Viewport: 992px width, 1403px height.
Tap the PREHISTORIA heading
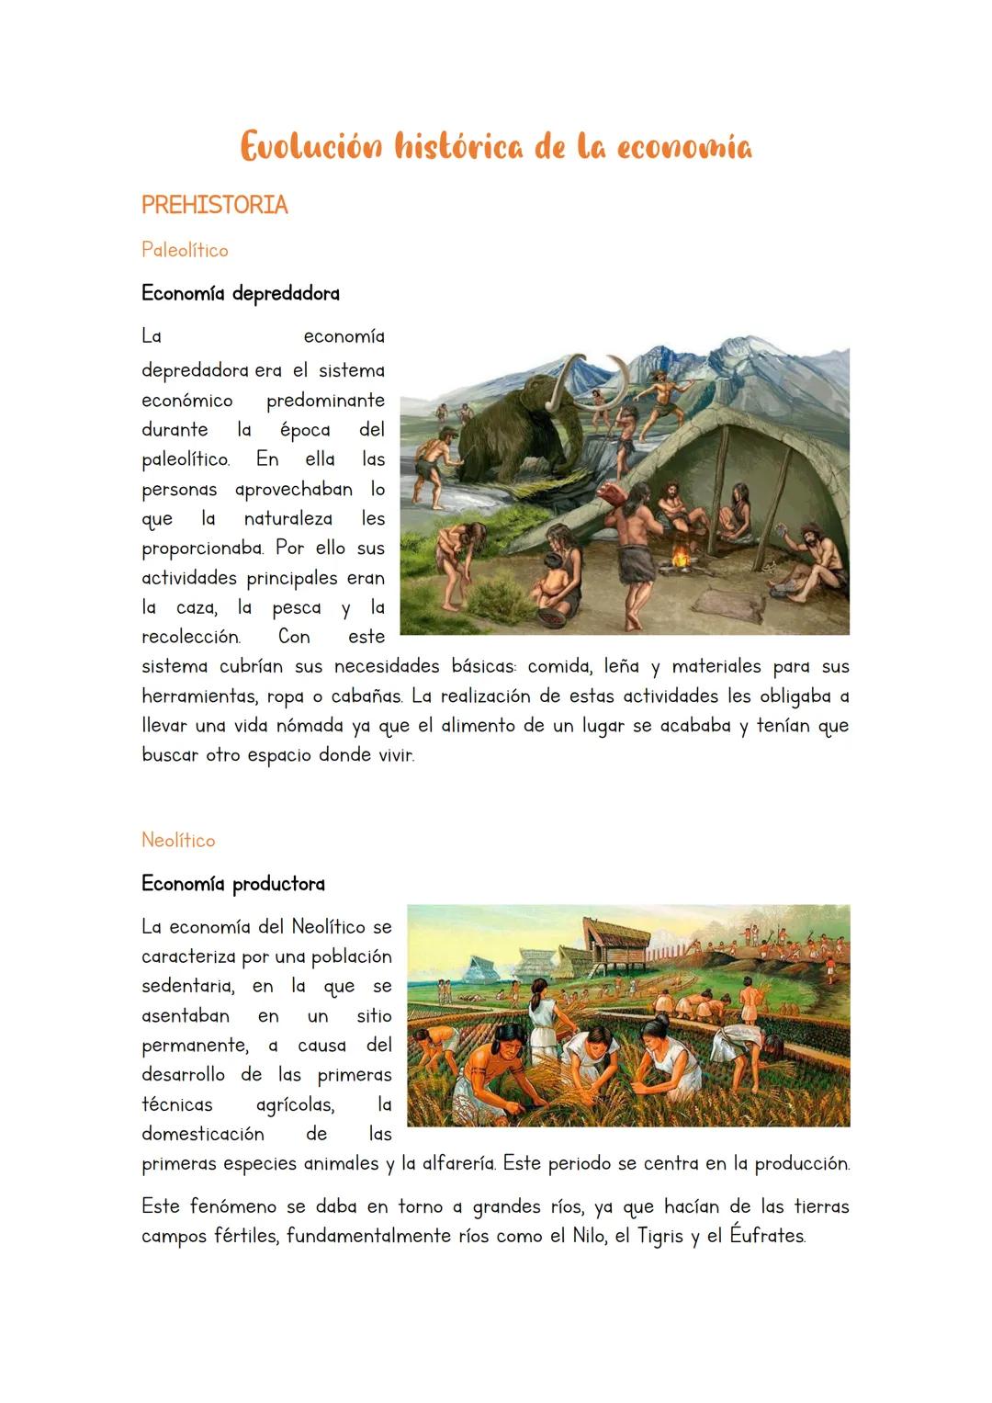[214, 205]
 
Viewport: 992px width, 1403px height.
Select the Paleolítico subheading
[185, 250]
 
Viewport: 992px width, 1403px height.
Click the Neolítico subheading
[178, 840]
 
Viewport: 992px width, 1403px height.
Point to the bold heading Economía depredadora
[241, 294]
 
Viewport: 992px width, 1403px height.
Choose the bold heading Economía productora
[233, 884]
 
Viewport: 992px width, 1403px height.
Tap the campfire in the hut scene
[681, 556]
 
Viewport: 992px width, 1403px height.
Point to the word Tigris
[660, 1236]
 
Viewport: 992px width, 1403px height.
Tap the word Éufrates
[767, 1236]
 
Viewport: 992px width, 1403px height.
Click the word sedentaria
[187, 987]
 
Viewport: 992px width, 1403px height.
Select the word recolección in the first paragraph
[191, 637]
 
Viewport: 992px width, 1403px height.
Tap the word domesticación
[203, 1134]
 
